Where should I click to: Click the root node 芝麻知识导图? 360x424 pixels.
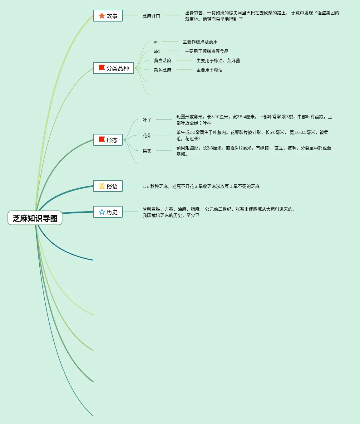coord(35,218)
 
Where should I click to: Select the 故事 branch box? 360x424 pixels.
coord(108,16)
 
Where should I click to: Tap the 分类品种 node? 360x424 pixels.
coord(113,68)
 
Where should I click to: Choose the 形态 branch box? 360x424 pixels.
coord(108,140)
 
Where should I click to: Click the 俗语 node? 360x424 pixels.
coord(108,186)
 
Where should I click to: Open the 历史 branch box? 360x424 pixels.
coord(108,212)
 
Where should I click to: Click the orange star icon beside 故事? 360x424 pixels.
coord(102,16)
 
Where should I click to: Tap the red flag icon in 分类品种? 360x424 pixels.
coord(102,68)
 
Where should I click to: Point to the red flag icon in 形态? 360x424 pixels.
coord(102,140)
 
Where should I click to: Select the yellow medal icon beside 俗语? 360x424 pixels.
coord(102,186)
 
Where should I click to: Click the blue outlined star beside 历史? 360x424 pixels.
coord(102,212)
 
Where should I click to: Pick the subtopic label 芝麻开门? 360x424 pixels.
coord(151,16)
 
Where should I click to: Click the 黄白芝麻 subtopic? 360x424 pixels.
coord(163,61)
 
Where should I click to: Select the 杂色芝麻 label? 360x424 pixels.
coord(163,70)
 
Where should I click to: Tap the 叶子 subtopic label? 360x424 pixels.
coord(147,120)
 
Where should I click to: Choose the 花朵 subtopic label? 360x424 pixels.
coord(147,135)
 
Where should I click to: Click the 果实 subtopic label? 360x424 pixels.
coord(147,151)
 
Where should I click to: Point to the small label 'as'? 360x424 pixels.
coord(156,42)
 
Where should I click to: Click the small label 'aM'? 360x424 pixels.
coord(157,51)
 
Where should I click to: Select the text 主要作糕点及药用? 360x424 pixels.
coord(200,42)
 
